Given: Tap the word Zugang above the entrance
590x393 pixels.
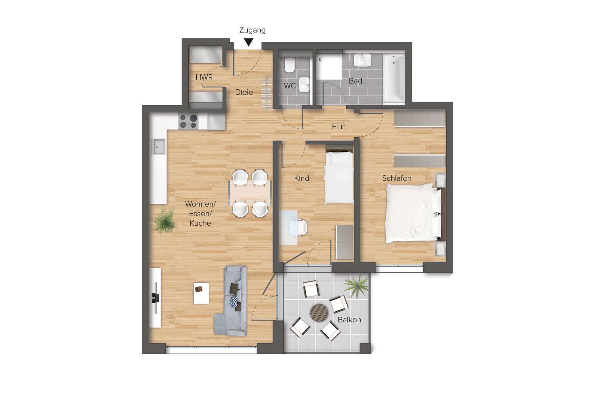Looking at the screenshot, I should (x=252, y=30).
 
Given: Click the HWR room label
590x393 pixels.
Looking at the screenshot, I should (x=204, y=77).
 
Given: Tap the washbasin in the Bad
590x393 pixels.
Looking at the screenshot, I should (x=362, y=60).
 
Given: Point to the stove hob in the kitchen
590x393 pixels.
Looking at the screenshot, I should (x=188, y=121).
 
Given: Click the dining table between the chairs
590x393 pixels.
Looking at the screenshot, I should (x=250, y=193).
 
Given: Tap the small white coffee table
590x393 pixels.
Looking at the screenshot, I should (x=201, y=293).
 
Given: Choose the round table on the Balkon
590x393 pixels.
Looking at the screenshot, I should (x=319, y=312).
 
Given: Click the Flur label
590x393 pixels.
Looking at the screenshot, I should (x=338, y=127).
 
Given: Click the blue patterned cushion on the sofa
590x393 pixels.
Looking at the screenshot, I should (x=234, y=302).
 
